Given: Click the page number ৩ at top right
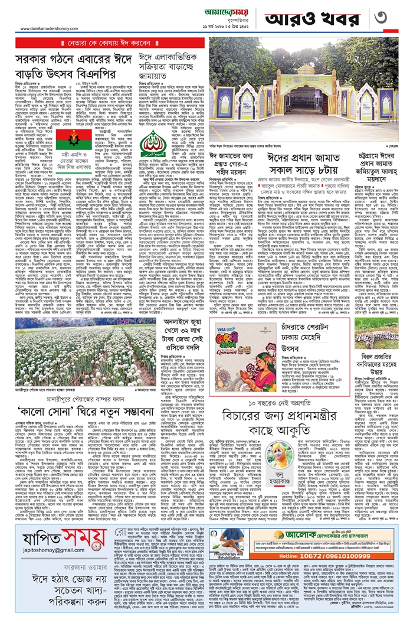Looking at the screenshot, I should point(391,17).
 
